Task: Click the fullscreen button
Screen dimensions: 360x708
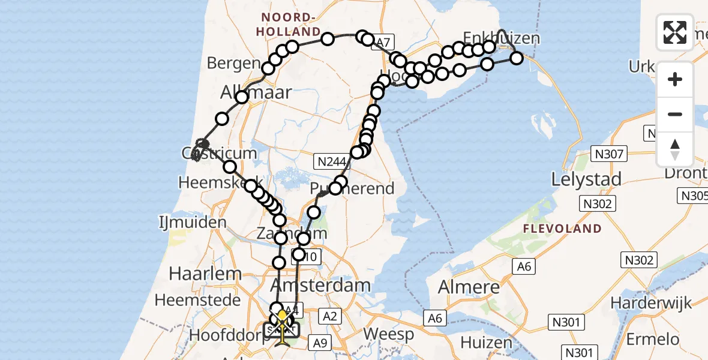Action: pos(675,32)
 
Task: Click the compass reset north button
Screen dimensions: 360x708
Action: pos(675,149)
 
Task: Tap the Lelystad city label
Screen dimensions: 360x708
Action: pos(586,179)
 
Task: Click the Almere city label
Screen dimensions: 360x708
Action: pos(469,287)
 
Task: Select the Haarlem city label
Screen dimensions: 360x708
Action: pos(197,274)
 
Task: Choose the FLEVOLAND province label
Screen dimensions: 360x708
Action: pos(562,229)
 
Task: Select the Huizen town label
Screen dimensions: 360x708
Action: pos(486,343)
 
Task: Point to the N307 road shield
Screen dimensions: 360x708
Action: pos(610,155)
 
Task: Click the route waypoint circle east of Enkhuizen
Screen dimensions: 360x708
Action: pos(517,58)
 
